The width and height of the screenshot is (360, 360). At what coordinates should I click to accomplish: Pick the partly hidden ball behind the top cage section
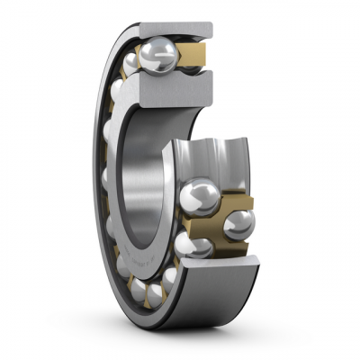[x=192, y=67]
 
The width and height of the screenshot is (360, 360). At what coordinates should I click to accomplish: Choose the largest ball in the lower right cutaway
[x=199, y=196]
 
